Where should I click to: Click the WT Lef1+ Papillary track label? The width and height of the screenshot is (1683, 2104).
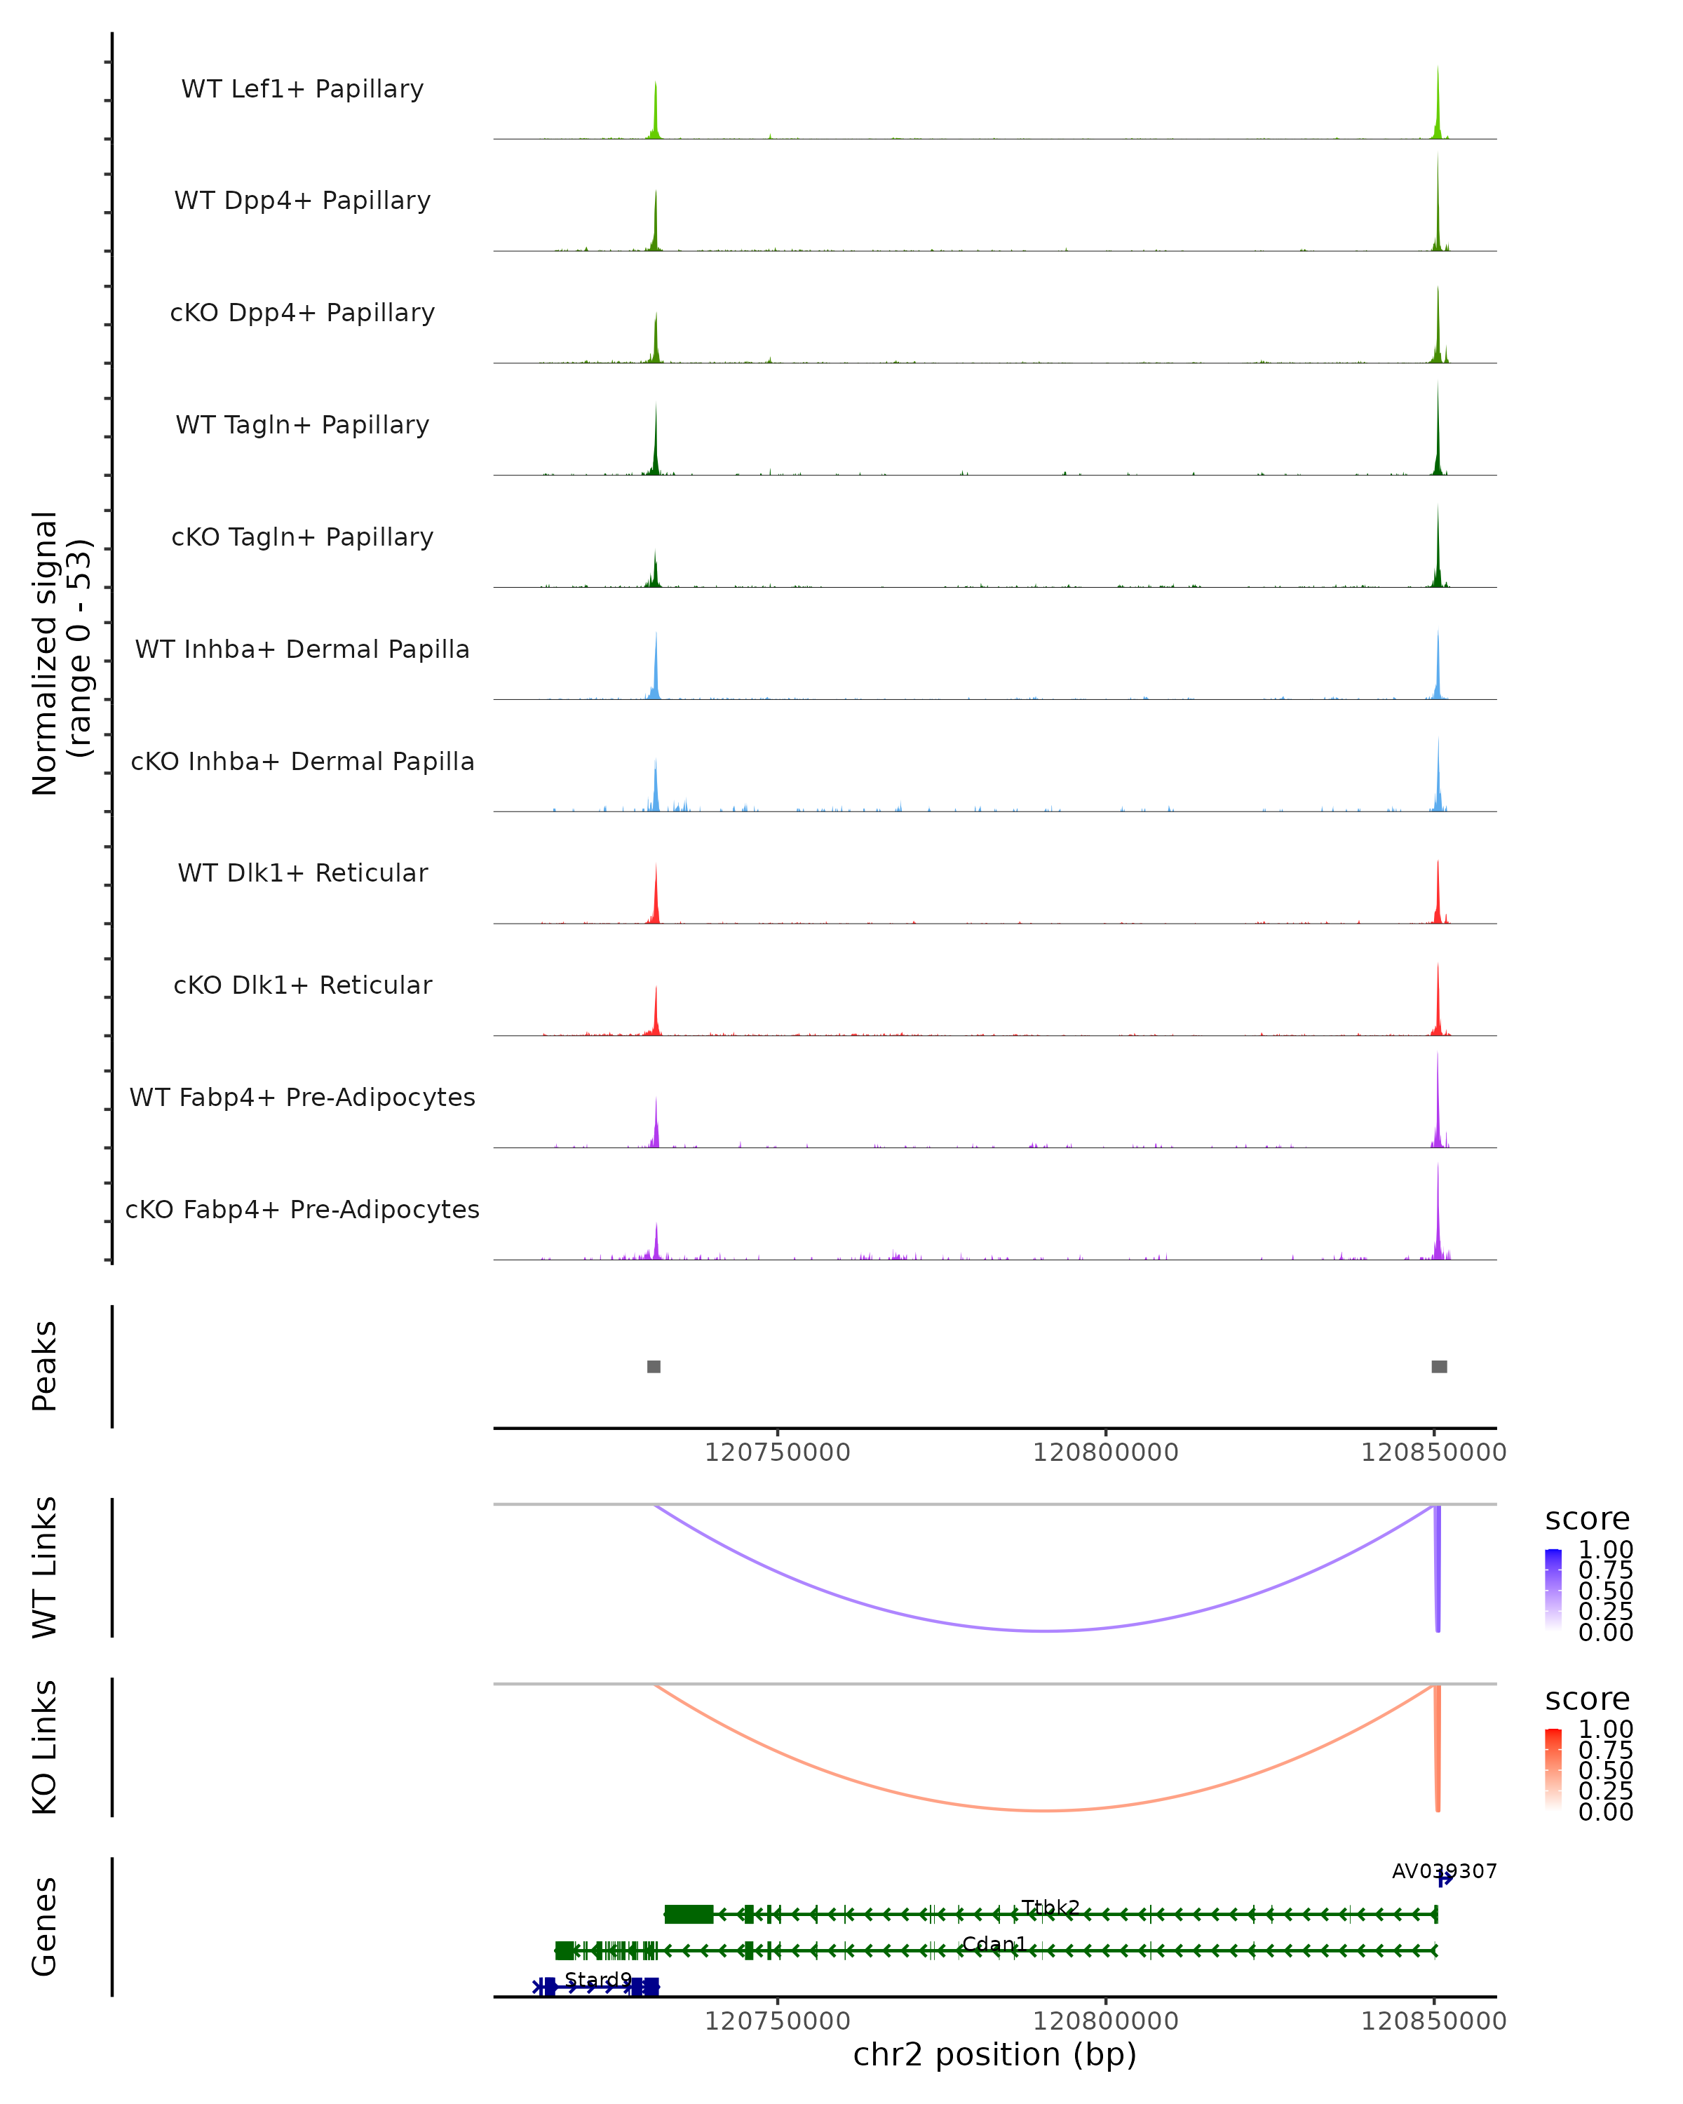(302, 89)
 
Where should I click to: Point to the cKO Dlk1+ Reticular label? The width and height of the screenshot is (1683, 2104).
(302, 985)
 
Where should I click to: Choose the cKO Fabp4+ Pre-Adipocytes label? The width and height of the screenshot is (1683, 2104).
(302, 1209)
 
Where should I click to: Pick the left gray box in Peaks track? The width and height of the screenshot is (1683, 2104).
(654, 1366)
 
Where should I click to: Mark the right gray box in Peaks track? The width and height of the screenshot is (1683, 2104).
(1439, 1366)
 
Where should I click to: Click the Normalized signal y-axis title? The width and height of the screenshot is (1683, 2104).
(60, 653)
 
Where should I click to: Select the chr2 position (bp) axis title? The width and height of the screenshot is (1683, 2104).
(994, 2054)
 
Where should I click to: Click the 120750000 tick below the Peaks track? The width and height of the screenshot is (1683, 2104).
(778, 1452)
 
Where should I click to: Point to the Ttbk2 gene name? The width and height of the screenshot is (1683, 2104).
(1050, 1907)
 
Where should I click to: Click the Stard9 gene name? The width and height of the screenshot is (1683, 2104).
(598, 1979)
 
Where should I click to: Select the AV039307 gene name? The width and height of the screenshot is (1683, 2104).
(1444, 1870)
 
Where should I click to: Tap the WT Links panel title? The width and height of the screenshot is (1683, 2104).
(45, 1567)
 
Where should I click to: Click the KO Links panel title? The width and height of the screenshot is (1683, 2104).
(45, 1747)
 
